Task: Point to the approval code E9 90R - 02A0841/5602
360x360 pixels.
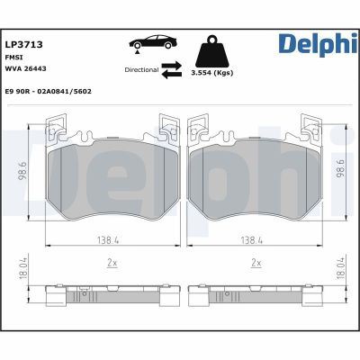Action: click(x=48, y=91)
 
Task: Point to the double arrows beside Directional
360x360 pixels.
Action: click(x=171, y=68)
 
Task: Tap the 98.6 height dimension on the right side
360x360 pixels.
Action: click(x=340, y=169)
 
